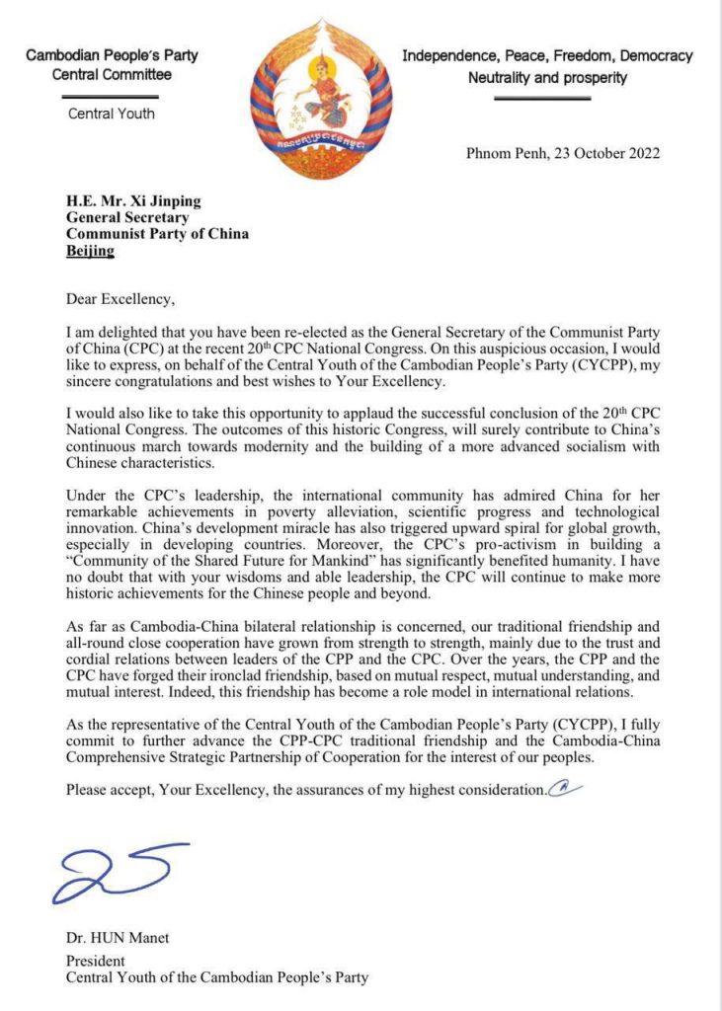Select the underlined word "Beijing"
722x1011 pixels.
coord(90,251)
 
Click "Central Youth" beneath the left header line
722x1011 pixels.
coord(112,114)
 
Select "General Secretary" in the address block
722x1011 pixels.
coord(125,217)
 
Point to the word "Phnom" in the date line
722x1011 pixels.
coord(490,152)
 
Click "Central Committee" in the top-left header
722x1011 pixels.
coord(112,74)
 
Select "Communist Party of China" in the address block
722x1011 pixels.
coord(157,234)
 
